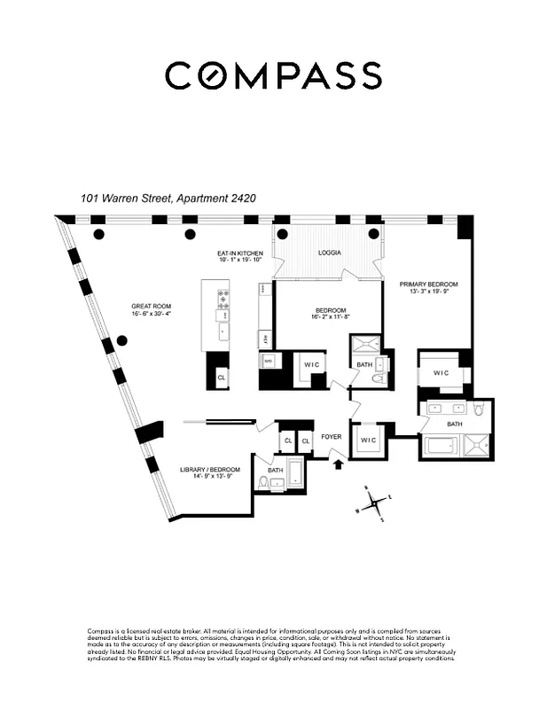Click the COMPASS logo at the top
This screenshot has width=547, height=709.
(273, 75)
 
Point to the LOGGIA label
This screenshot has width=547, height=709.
(329, 253)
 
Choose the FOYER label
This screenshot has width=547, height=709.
(332, 437)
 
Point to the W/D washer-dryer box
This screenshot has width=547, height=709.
(266, 362)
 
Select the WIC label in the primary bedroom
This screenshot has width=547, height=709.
(442, 373)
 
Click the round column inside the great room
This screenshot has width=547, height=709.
(121, 341)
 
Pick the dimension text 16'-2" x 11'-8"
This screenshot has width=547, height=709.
(330, 317)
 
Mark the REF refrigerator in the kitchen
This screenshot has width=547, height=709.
(265, 338)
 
